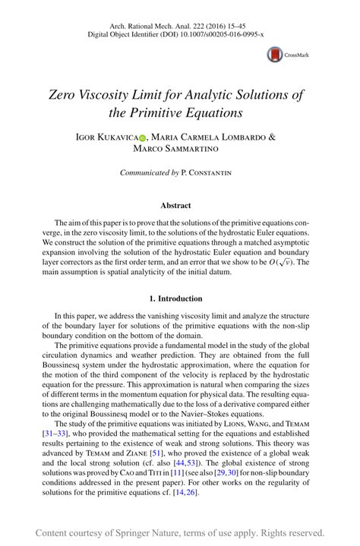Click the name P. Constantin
coord(207,173)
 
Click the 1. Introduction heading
coord(179,298)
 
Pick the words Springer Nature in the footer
coord(150,532)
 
